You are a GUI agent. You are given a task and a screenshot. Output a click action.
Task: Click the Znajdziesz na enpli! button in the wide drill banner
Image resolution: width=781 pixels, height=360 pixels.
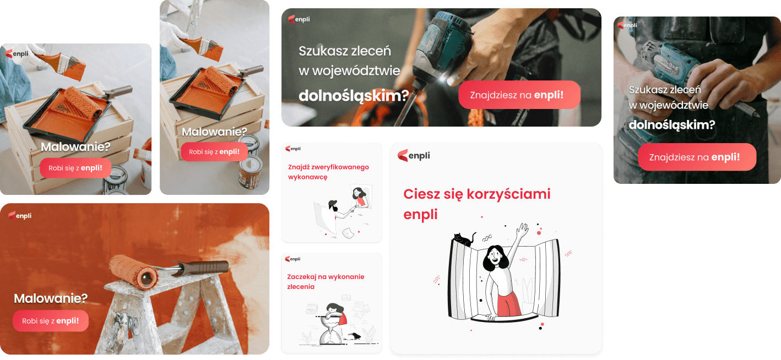click(519, 95)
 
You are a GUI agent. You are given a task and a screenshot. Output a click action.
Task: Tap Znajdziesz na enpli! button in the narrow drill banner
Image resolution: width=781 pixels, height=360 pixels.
click(697, 157)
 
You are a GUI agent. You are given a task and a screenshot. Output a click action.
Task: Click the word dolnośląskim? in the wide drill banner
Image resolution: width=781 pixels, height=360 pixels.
click(354, 96)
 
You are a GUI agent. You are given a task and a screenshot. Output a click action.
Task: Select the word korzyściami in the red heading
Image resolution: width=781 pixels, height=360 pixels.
click(509, 194)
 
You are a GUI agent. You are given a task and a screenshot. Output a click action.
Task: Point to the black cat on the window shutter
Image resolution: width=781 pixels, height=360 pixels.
click(464, 239)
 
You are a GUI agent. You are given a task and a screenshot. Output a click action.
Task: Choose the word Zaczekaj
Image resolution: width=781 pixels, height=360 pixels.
click(302, 277)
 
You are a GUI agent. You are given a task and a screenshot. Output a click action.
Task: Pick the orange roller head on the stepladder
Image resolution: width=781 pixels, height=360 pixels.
click(133, 272)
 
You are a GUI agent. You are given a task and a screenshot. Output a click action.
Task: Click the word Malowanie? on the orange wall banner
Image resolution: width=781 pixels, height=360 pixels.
click(51, 298)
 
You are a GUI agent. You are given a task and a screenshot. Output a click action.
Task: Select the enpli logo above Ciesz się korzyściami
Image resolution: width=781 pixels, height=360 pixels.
click(414, 155)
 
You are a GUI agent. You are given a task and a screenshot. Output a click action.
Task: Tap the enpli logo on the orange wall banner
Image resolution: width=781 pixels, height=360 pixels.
click(20, 216)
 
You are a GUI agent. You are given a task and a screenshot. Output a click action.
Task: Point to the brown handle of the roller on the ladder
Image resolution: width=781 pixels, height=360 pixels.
click(205, 268)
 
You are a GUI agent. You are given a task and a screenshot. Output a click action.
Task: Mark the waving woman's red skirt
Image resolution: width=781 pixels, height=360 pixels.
click(509, 303)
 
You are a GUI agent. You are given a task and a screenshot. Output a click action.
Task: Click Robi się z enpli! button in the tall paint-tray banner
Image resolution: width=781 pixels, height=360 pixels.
click(214, 152)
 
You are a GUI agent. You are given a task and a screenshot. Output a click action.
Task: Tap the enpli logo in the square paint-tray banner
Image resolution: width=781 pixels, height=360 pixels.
click(17, 53)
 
